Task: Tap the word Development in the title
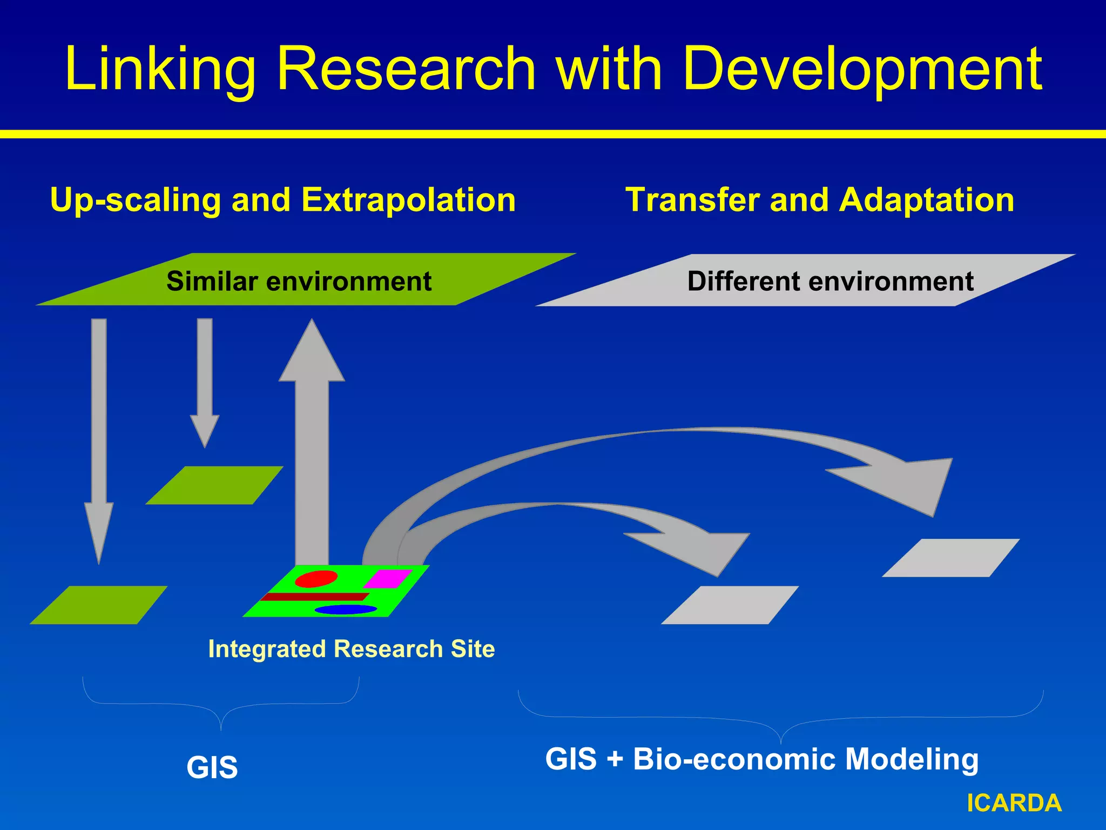point(862,69)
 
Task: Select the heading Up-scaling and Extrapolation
point(282,200)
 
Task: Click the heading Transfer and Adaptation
point(819,200)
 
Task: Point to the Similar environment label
point(299,282)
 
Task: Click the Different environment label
point(830,282)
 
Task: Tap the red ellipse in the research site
point(316,578)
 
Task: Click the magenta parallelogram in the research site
point(388,579)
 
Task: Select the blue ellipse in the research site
point(346,610)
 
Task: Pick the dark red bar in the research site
point(314,597)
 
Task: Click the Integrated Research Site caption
point(351,649)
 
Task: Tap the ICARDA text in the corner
point(1014,803)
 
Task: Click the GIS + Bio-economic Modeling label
point(761,759)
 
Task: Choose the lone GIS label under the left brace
point(212,767)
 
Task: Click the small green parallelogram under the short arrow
point(214,485)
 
